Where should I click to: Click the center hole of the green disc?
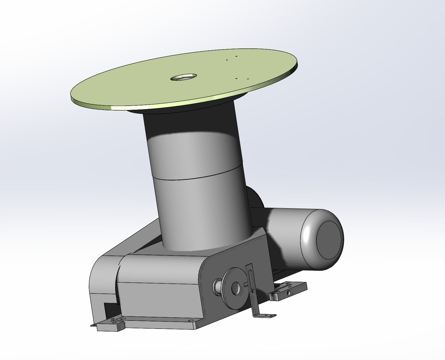click(x=183, y=77)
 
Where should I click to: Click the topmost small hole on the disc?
click(x=236, y=56)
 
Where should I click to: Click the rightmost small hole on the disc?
click(x=248, y=78)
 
